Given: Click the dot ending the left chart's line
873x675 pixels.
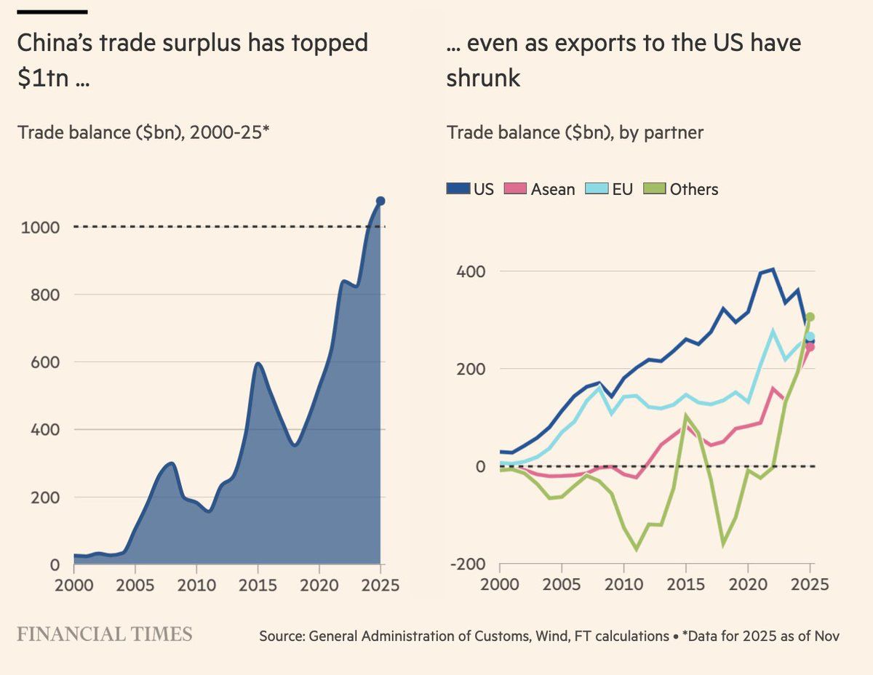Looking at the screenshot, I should [x=380, y=201].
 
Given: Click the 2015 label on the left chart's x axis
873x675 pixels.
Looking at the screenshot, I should [x=258, y=585].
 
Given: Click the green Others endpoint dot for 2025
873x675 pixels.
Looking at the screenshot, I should [x=810, y=317].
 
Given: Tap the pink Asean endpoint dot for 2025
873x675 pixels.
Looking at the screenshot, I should [x=810, y=347].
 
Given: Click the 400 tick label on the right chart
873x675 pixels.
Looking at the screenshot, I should [x=471, y=271].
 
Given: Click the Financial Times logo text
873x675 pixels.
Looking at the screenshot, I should [x=105, y=634].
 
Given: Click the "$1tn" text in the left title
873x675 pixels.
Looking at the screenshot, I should [x=43, y=78].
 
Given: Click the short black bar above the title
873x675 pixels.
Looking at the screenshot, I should [x=52, y=12].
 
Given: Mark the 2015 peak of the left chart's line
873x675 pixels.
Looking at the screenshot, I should [x=258, y=363].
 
